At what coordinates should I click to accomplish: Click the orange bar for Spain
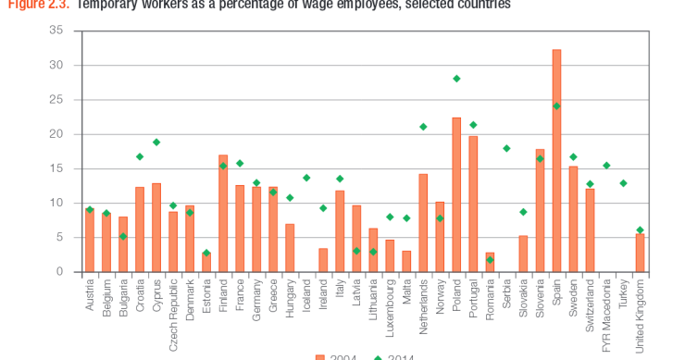pyautogui.click(x=556, y=161)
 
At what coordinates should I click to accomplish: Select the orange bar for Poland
pyautogui.click(x=456, y=194)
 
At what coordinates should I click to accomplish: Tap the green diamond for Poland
pyautogui.click(x=456, y=79)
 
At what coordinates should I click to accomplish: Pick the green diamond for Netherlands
pyautogui.click(x=423, y=127)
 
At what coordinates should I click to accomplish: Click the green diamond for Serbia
pyautogui.click(x=506, y=148)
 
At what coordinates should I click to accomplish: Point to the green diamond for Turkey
pyautogui.click(x=623, y=183)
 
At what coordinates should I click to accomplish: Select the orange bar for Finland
pyautogui.click(x=223, y=213)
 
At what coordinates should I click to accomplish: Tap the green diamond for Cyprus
pyautogui.click(x=156, y=142)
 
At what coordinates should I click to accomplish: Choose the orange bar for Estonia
pyautogui.click(x=206, y=263)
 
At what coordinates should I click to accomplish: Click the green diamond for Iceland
pyautogui.click(x=306, y=178)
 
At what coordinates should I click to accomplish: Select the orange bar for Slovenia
pyautogui.click(x=540, y=210)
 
